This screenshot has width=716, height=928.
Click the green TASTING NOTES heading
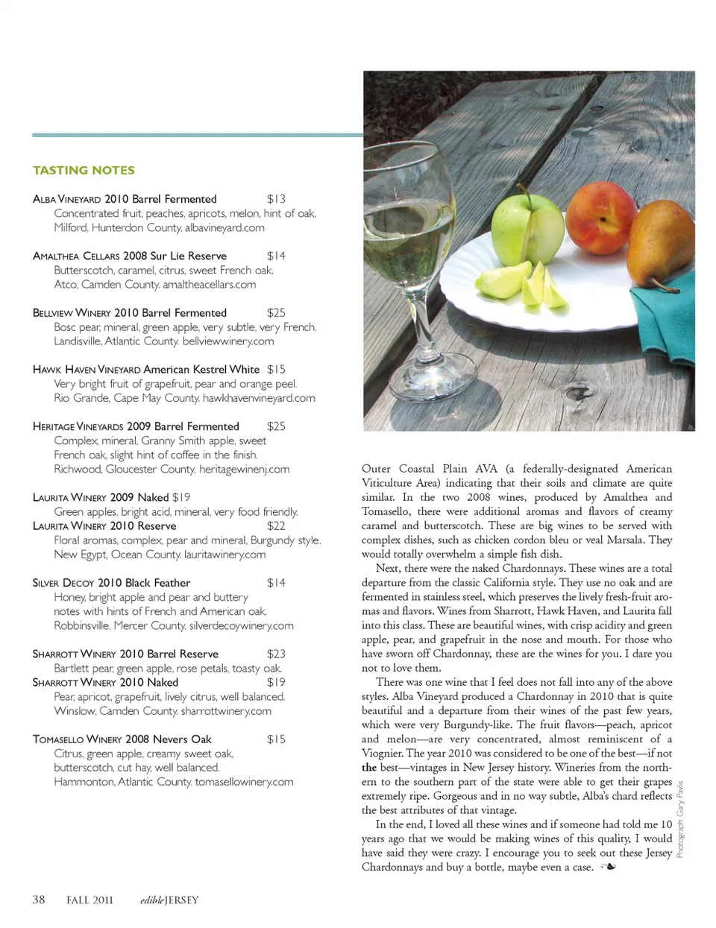pos(84,170)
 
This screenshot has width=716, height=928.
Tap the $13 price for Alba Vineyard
pos(276,199)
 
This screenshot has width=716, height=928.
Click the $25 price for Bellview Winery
pos(276,313)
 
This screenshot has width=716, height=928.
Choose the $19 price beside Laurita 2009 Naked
pos(181,497)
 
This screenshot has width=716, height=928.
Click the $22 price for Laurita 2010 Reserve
pos(276,525)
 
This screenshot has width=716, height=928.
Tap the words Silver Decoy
pos(63,583)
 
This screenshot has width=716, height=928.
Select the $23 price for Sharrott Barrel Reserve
pos(276,654)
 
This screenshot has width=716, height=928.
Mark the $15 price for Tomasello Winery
pos(276,739)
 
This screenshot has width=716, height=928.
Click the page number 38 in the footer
pos(39,900)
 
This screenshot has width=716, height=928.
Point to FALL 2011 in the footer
pos(89,900)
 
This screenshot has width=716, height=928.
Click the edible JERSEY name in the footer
pos(169,900)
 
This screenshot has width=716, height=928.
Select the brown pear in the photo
pos(660,246)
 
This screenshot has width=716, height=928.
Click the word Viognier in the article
pos(384,754)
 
